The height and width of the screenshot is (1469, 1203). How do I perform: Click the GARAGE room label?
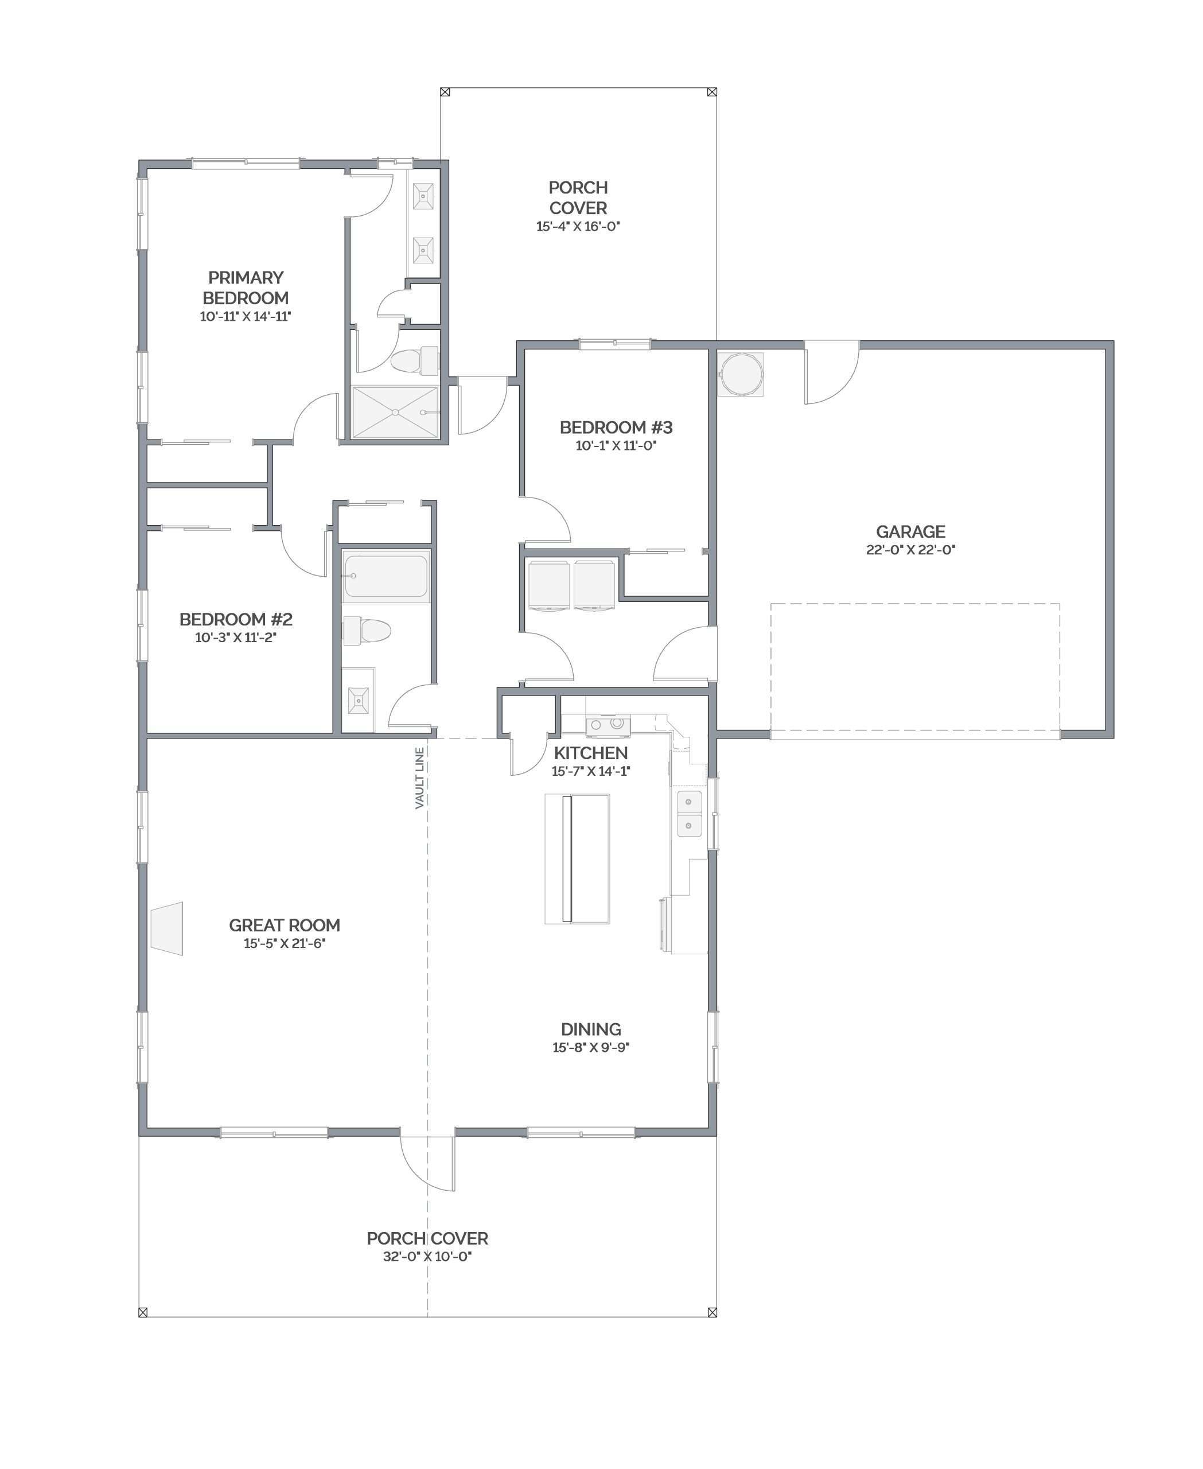910,532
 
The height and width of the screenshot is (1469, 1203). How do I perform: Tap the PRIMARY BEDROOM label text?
246,287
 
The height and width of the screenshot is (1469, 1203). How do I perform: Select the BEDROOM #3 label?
616,428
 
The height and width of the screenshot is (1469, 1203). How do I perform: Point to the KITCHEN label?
590,753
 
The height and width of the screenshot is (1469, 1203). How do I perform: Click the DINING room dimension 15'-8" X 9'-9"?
590,1047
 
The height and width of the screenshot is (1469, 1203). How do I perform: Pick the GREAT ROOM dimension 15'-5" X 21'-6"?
284,943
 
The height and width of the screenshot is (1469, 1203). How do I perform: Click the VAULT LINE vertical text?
419,778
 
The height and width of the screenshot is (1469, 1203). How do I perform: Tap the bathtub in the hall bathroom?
386,576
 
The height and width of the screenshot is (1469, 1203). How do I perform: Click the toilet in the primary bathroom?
414,361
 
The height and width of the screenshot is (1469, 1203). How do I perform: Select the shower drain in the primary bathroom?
395,413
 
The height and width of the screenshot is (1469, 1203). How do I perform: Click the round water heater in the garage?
740,374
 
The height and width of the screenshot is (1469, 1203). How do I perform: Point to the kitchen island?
577,859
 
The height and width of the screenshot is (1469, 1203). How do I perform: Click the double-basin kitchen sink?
689,813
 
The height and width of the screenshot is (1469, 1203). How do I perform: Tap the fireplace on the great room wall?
166,928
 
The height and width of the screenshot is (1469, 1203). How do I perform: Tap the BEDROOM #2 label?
236,619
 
